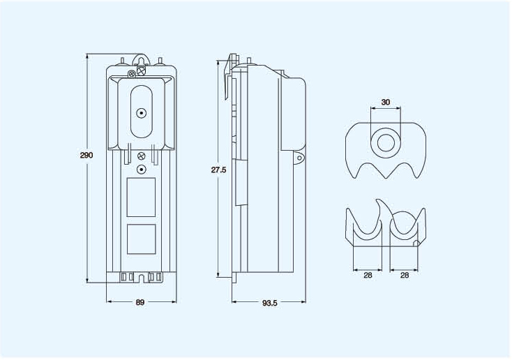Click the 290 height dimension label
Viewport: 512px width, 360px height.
[86, 155]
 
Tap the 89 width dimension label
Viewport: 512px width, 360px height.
[140, 303]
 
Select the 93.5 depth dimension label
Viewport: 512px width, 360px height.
[270, 303]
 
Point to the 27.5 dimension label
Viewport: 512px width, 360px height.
[218, 170]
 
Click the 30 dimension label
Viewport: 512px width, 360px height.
[386, 103]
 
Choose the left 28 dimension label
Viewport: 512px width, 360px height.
[368, 276]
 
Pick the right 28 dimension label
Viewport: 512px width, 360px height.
[405, 276]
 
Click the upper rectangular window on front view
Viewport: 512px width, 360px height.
[141, 197]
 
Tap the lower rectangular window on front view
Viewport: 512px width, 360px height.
[141, 239]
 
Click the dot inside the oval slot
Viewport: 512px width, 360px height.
[142, 113]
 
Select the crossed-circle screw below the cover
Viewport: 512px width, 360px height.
[142, 156]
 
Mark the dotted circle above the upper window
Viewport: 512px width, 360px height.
[142, 170]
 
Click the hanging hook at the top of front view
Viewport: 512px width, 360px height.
[141, 61]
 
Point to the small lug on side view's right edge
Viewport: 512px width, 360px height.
[299, 158]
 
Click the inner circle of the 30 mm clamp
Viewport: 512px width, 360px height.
[386, 143]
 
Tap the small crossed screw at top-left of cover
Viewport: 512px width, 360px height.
[131, 74]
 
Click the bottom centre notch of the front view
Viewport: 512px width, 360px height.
[142, 278]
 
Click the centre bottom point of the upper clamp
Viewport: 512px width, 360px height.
[386, 178]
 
